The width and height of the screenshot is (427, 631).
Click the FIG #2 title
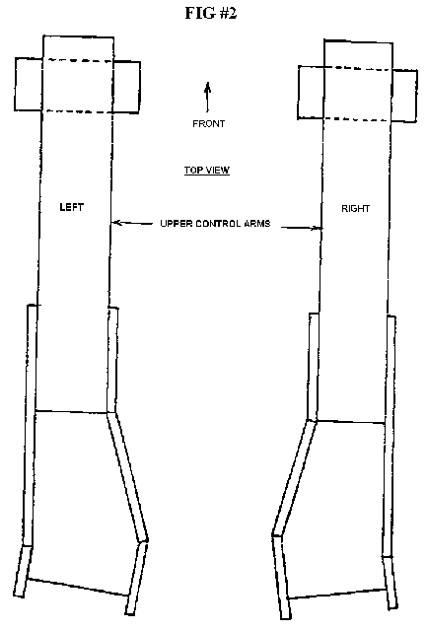(x=211, y=13)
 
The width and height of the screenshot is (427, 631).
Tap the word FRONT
(x=208, y=123)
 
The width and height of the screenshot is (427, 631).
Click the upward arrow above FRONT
(x=208, y=97)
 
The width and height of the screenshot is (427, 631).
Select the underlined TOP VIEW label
(x=207, y=171)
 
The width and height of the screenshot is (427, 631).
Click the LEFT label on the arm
(x=72, y=207)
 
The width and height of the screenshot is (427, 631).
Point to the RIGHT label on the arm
(x=355, y=208)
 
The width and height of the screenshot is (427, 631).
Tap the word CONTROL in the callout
(x=215, y=224)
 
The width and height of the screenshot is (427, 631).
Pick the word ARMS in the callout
(x=256, y=224)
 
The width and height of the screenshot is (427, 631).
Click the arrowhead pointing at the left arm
(x=116, y=222)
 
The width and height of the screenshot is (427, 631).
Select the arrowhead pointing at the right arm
(x=318, y=228)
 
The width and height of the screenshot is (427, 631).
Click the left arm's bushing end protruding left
(x=29, y=84)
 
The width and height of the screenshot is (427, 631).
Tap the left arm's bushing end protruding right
(x=126, y=87)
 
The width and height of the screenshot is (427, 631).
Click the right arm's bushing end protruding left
(x=311, y=92)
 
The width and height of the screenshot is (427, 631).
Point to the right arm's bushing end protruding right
(x=404, y=96)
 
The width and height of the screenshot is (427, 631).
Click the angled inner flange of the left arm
(x=127, y=476)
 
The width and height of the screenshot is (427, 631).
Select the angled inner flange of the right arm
(x=295, y=478)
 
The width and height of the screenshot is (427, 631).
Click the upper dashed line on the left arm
(x=78, y=60)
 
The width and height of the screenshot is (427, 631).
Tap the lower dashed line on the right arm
(x=357, y=119)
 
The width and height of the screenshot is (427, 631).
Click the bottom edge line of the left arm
(x=78, y=588)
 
